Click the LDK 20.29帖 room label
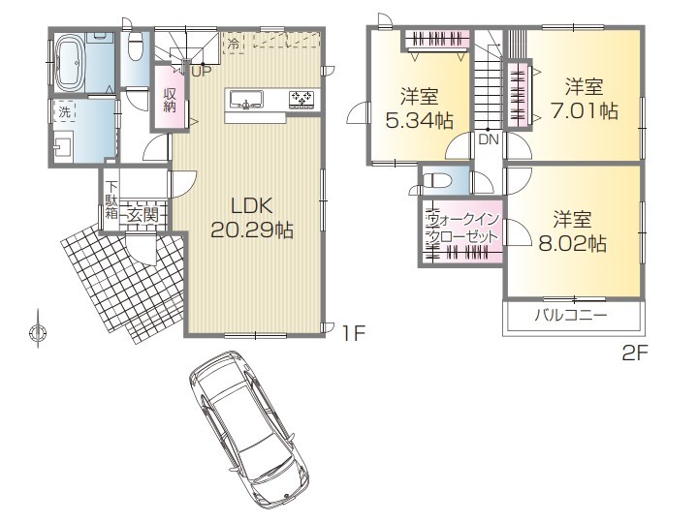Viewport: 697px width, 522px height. pos(252,218)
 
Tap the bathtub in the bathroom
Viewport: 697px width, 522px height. pos(70,64)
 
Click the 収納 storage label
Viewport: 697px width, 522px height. pos(170,100)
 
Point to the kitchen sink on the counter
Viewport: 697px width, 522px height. pos(246,100)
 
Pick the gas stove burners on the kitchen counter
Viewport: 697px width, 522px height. pos(301,100)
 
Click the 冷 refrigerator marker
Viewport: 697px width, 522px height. pos(234,44)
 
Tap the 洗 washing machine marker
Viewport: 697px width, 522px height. pos(65,112)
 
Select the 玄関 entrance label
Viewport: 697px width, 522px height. pos(143,215)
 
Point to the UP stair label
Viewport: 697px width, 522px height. pos(202,71)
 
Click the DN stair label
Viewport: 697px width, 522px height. pos(489,139)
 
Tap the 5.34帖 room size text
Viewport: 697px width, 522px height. pos(419,120)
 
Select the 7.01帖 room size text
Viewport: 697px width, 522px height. pos(585,110)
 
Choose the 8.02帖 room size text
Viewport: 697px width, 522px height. pos(573,243)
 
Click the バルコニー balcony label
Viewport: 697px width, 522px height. pos(571,316)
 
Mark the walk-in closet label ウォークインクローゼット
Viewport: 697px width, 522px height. pos(462,229)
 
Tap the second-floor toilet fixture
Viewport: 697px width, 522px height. pos(437,181)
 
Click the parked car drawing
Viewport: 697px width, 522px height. pos(248,428)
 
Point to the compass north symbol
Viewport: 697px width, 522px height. pos(38,331)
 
